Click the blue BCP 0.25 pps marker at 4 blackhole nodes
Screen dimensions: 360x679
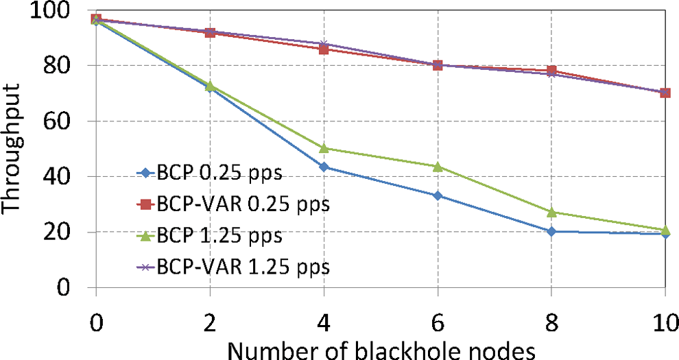pyautogui.click(x=323, y=167)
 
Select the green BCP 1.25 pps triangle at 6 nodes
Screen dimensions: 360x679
pyautogui.click(x=437, y=166)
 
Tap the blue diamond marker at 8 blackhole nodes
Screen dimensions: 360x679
pyautogui.click(x=551, y=231)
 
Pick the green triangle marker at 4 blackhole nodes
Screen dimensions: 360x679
pyautogui.click(x=323, y=148)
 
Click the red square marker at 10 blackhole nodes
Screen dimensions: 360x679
pyautogui.click(x=665, y=93)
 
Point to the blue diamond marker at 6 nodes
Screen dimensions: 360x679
pyautogui.click(x=437, y=195)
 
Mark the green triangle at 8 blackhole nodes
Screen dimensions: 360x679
pyautogui.click(x=551, y=212)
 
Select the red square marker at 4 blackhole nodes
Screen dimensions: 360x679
pyautogui.click(x=323, y=49)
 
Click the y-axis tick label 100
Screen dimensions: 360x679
pyautogui.click(x=48, y=12)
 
